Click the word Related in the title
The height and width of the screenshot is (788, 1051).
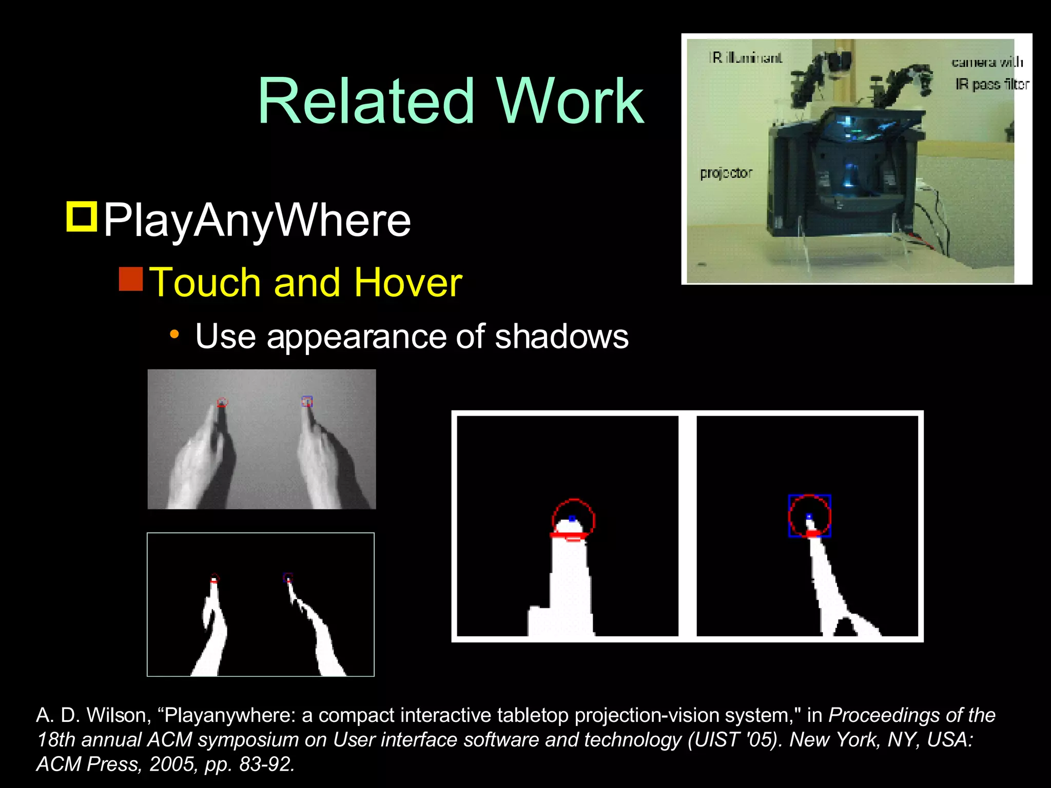pos(365,101)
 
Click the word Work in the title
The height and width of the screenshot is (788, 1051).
pos(570,101)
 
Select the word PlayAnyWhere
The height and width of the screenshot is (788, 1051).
pos(257,221)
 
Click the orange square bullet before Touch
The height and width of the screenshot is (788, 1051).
pos(131,279)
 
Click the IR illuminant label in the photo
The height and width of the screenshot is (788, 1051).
pos(746,58)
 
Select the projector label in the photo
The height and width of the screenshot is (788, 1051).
pos(726,173)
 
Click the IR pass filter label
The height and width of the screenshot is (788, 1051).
pos(992,84)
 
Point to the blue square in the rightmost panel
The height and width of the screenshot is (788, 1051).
pos(809,516)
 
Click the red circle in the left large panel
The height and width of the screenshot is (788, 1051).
pos(573,519)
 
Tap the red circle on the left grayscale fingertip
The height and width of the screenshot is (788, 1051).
pos(222,402)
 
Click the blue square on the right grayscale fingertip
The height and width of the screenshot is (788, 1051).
pos(307,401)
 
